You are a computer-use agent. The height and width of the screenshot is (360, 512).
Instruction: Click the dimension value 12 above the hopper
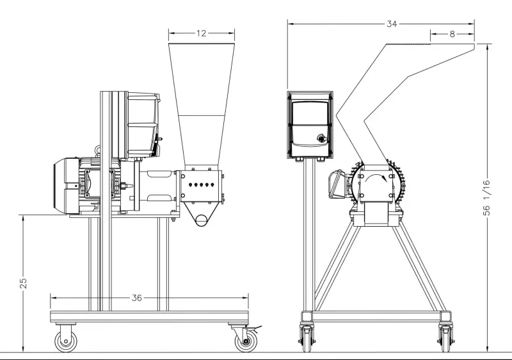coord(202,33)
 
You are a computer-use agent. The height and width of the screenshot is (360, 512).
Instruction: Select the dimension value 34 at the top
coord(392,24)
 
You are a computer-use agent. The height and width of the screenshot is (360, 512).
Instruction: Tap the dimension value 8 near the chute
coord(452,34)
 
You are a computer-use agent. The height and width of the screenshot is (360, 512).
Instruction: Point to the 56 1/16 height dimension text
coord(486,198)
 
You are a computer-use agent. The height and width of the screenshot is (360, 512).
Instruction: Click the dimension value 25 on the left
coord(23,283)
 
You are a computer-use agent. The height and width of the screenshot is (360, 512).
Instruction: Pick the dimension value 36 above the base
coord(137,298)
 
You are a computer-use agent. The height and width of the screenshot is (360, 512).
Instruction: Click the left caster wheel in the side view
coord(66,341)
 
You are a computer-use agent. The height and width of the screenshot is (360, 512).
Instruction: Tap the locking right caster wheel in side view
coord(246,341)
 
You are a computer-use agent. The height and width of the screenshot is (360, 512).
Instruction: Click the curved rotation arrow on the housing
coord(376,177)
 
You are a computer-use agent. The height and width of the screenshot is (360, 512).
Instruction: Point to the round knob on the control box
coord(322,138)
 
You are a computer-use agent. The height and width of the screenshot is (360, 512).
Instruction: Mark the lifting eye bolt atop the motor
coord(97,150)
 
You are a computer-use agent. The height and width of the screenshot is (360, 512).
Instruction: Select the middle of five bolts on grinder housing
coord(201,185)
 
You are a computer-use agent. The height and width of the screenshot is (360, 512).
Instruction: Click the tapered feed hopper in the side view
coord(202,104)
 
